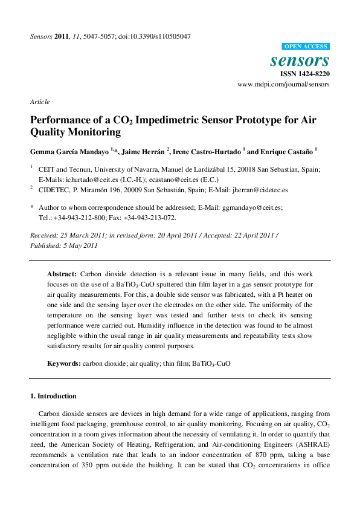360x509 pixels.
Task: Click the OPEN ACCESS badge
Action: [x=306, y=47]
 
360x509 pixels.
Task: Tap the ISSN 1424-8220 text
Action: [x=304, y=74]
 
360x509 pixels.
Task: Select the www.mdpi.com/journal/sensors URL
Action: [x=284, y=85]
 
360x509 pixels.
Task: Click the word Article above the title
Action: [x=40, y=102]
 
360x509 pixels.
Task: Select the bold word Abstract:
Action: [x=62, y=274]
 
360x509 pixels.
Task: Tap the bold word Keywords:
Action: [x=64, y=363]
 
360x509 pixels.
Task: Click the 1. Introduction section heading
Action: [x=53, y=397]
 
